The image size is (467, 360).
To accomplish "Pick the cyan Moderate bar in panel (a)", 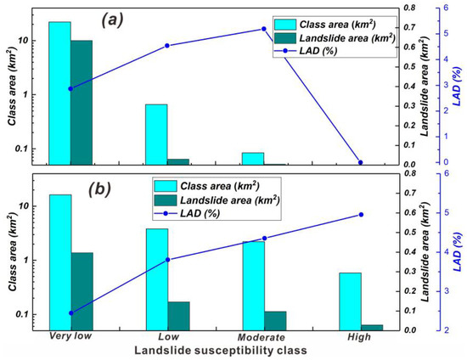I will (253, 158).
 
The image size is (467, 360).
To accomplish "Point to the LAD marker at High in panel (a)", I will (361, 162).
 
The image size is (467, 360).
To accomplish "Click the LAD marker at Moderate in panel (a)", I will (264, 29).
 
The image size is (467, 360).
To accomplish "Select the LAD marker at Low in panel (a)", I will (167, 46).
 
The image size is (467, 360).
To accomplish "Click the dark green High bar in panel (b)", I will (372, 327).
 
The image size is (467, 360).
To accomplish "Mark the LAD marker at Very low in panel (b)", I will (70, 313).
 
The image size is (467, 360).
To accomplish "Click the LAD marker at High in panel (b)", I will (361, 215).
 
